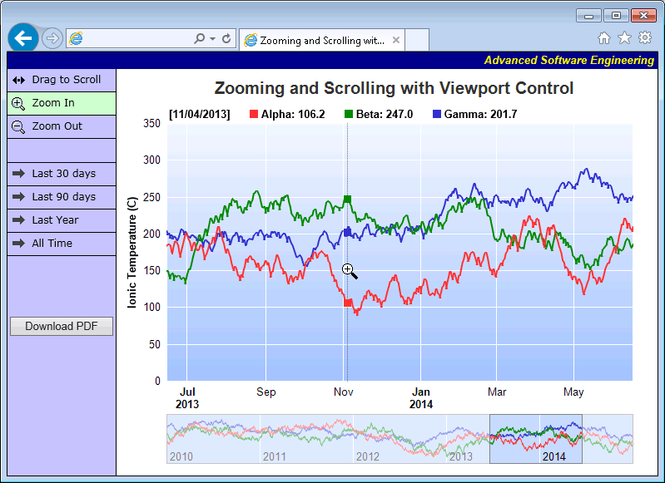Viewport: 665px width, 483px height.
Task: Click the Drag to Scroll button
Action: point(61,80)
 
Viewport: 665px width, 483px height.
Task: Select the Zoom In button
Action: point(61,103)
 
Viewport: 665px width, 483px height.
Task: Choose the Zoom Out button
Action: point(61,126)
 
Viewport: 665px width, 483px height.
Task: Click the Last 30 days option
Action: point(61,174)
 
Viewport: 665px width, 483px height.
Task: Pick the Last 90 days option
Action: point(61,197)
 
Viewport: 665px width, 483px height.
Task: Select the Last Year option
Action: point(61,220)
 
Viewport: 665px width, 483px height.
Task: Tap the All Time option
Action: point(61,244)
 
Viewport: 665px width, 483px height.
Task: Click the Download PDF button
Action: point(61,327)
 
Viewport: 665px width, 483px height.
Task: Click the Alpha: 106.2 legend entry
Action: point(287,114)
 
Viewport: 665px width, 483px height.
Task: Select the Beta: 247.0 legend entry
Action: point(379,114)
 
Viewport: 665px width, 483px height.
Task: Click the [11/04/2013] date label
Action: point(199,114)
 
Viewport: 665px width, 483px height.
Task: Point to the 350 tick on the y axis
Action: point(151,123)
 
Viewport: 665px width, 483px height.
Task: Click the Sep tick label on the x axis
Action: point(266,392)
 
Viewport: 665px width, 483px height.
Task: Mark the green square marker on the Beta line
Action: point(347,200)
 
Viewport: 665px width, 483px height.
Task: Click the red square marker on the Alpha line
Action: point(347,303)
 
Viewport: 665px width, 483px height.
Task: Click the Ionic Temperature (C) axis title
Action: point(132,253)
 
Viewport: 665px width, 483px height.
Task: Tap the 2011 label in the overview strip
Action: point(274,456)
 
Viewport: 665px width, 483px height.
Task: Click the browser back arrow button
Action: point(23,38)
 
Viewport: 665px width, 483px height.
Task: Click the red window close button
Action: point(643,15)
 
